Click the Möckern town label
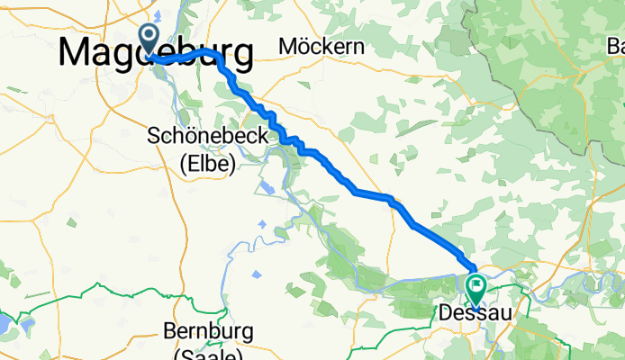(322, 46)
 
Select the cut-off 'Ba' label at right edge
(615, 45)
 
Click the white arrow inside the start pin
(149, 37)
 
